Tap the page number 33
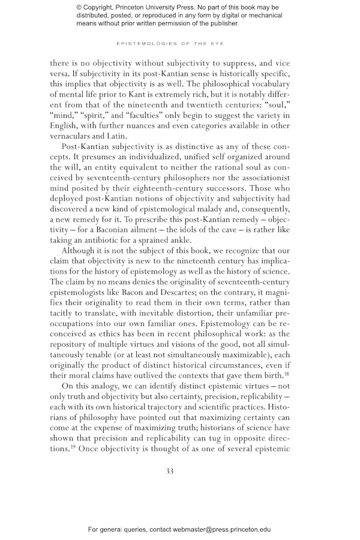point(170,471)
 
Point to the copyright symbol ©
point(80,7)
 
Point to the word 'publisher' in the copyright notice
point(221,24)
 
